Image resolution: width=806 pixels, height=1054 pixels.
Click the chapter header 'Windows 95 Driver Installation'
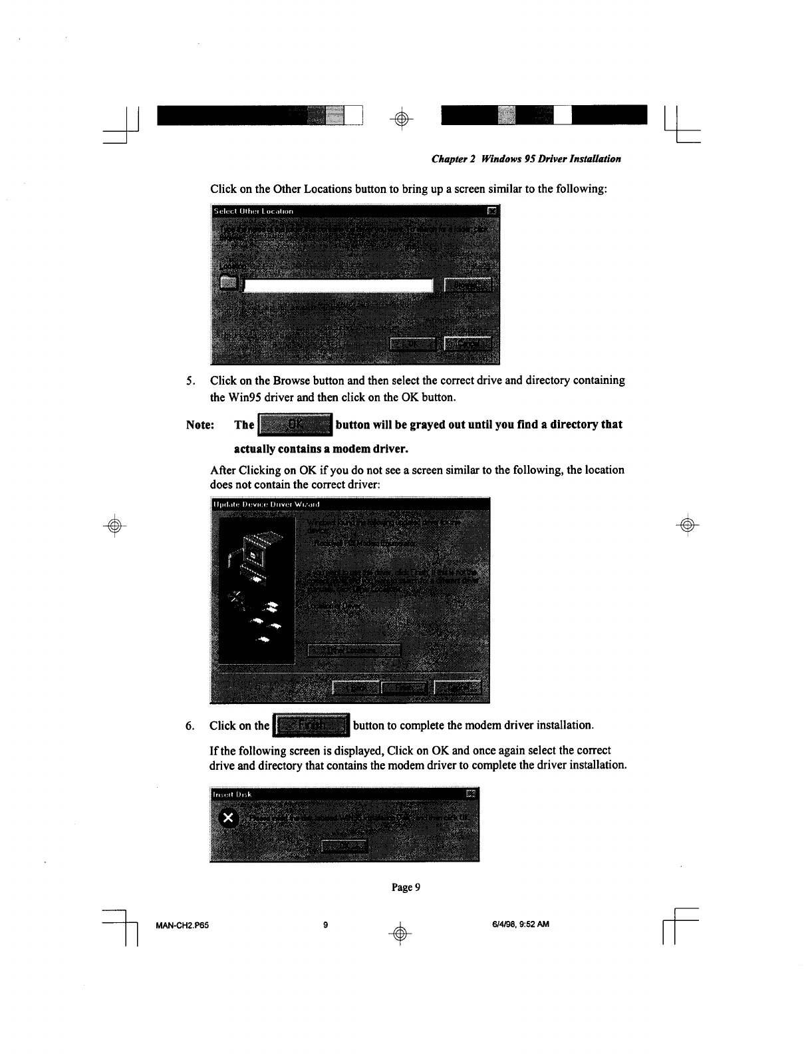pos(526,159)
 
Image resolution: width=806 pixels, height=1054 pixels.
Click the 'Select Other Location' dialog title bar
pos(346,211)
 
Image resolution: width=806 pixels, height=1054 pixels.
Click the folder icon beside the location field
pos(228,283)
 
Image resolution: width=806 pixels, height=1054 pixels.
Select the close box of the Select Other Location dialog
pos(491,211)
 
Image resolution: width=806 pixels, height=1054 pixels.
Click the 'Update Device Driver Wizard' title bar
pos(346,504)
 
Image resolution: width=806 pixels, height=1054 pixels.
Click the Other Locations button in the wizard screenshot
pos(353,650)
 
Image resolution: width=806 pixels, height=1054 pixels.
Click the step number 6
pos(190,725)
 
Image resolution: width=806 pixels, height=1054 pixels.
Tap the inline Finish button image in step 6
pos(311,725)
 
